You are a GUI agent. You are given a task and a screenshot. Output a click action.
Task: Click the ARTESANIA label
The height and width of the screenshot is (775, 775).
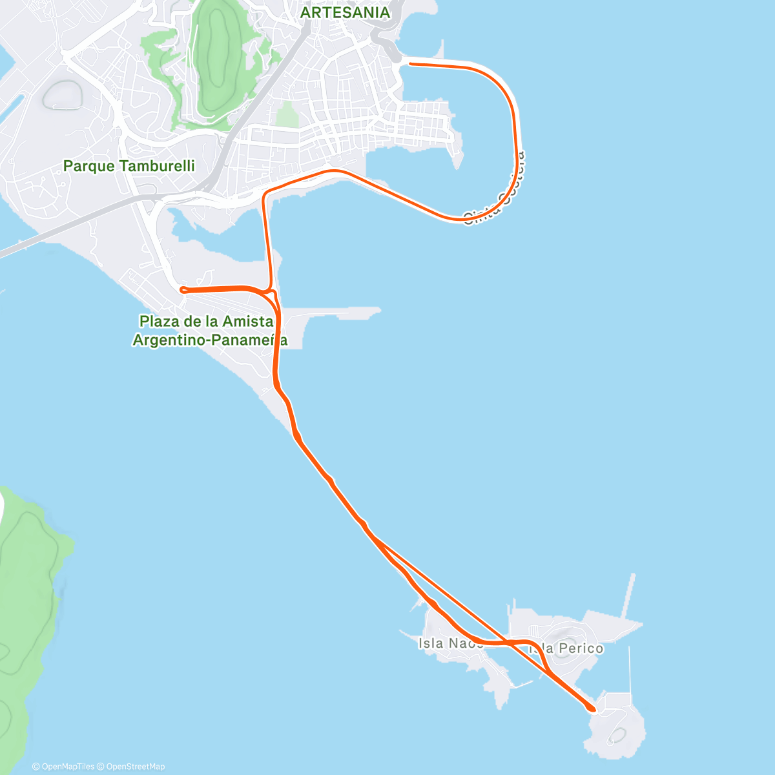[345, 13]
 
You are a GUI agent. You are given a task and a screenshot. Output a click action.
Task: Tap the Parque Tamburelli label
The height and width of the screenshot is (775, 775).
[129, 166]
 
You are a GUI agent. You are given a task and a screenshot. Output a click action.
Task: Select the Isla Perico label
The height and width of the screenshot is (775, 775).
[566, 648]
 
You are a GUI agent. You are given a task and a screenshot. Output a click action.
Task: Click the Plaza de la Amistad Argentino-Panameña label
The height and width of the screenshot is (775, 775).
[210, 330]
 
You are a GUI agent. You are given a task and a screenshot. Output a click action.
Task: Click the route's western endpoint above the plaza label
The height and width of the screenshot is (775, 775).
[183, 289]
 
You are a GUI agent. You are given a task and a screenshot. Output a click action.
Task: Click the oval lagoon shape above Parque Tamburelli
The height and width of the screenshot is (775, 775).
[63, 96]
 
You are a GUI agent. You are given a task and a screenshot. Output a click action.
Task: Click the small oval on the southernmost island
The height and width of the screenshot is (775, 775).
[618, 735]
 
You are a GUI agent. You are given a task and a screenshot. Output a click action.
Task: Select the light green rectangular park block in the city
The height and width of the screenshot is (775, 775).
[287, 114]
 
